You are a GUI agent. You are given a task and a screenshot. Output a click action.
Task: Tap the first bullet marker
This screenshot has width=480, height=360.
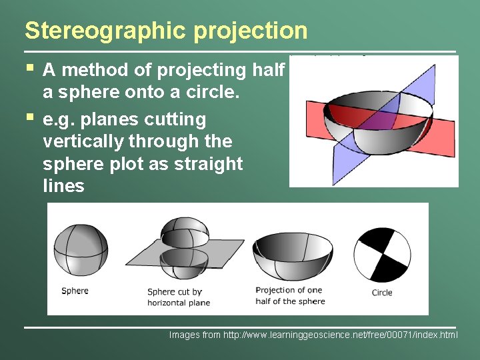coord(29,67)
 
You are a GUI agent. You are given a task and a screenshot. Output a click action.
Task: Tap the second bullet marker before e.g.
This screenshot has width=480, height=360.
coord(29,117)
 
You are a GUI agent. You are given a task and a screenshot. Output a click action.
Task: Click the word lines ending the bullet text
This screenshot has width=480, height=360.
coord(63,186)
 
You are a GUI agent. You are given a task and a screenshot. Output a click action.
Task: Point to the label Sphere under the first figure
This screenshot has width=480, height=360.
coord(75,291)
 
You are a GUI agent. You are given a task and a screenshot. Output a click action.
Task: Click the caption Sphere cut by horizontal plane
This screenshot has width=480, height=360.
coord(178,297)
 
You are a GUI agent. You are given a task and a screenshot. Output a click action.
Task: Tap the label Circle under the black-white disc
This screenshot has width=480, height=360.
coord(382,293)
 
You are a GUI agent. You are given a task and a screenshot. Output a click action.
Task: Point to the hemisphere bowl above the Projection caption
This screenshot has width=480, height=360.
coord(291,254)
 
